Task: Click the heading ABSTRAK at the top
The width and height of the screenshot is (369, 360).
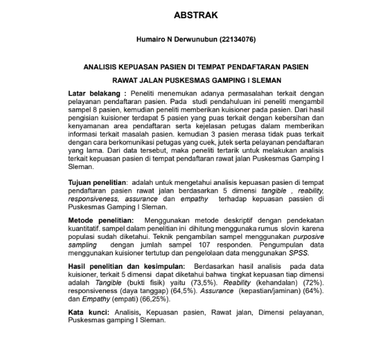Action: (x=185, y=15)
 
